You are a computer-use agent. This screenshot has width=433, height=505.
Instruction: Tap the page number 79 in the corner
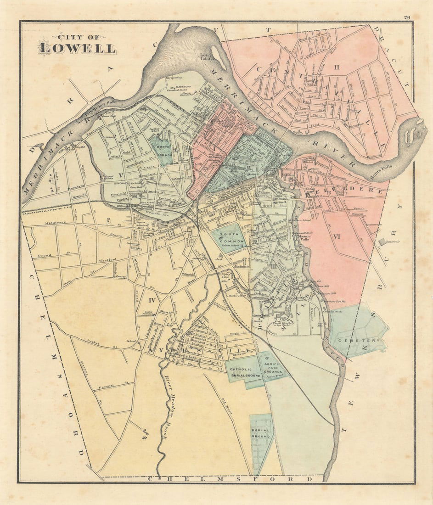pyautogui.click(x=406, y=17)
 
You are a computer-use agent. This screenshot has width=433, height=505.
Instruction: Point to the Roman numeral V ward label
pyautogui.click(x=121, y=175)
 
